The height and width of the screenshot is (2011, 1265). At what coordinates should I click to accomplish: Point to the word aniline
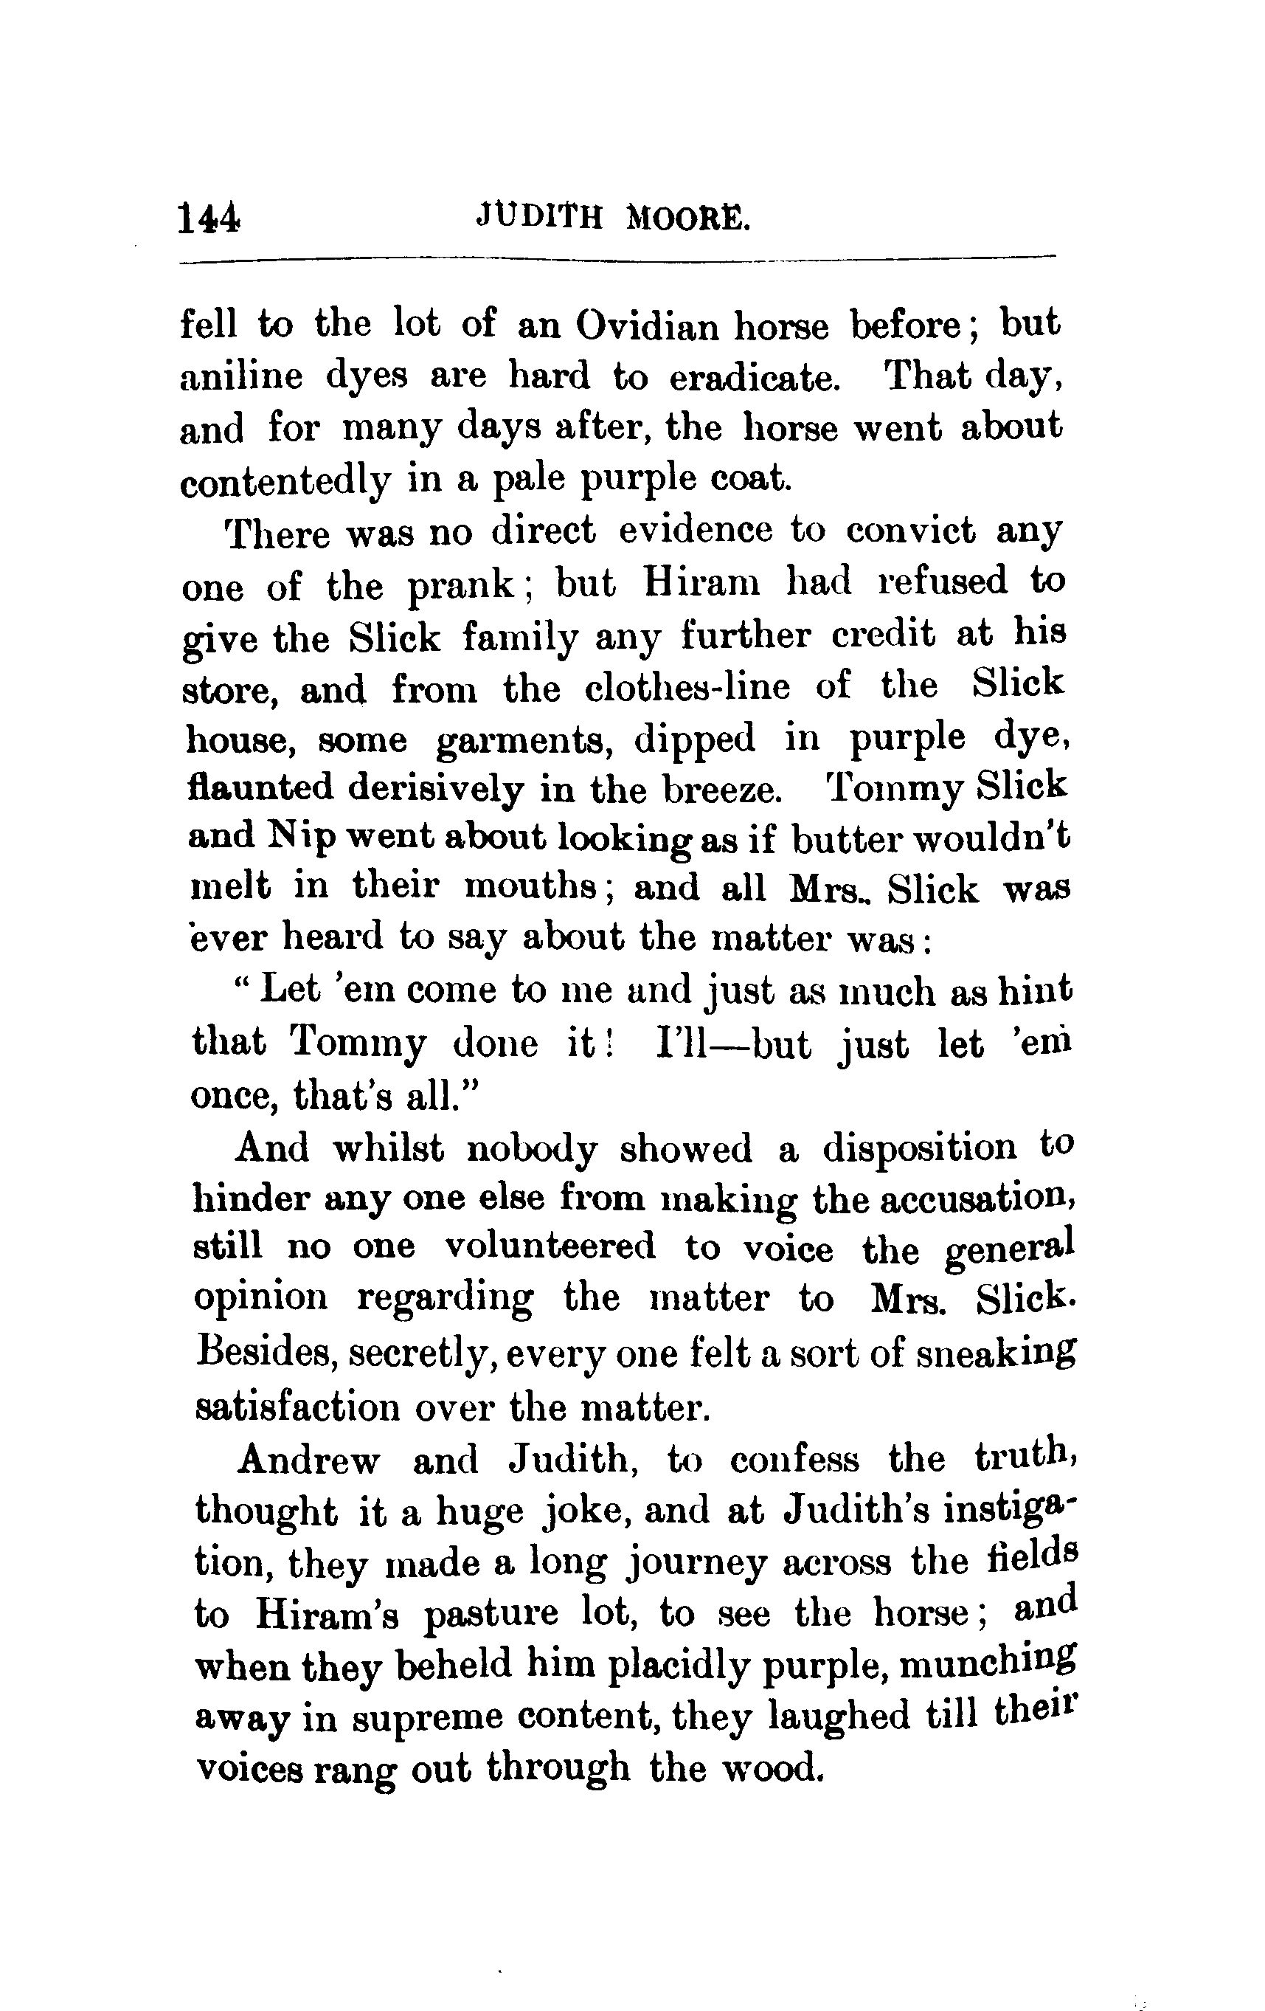pos(241,376)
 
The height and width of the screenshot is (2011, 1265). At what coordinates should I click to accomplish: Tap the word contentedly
pos(285,482)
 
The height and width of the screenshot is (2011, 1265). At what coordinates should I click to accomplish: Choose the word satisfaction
pos(297,1407)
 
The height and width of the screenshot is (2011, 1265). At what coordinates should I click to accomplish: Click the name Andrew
pos(308,1460)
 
